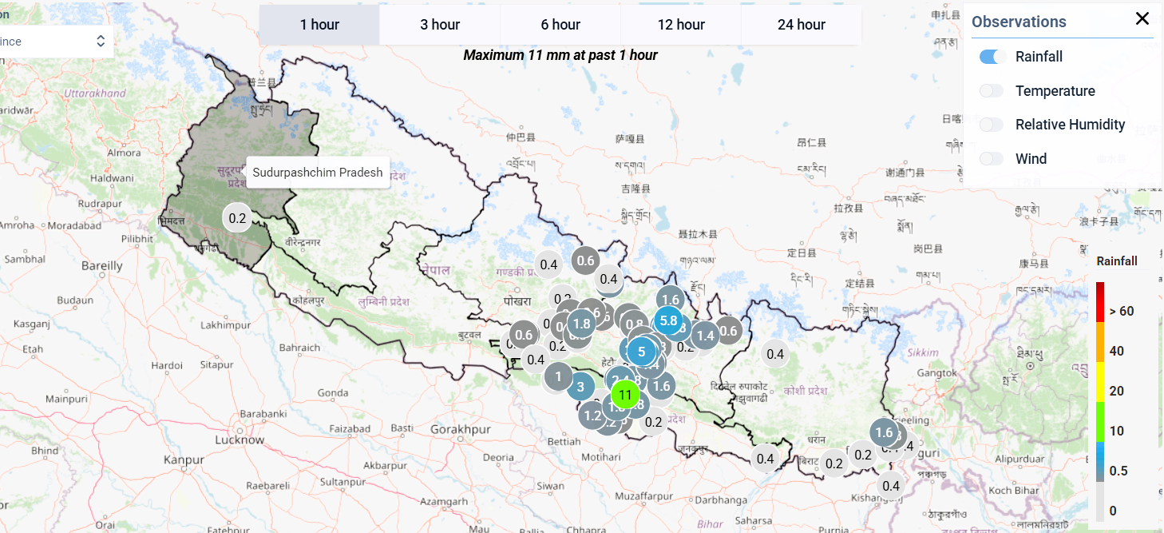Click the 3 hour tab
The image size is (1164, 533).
point(440,25)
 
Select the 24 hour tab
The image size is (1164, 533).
point(801,25)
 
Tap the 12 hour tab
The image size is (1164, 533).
point(681,25)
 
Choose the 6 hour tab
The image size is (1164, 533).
point(560,25)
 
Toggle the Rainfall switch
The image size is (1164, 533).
point(992,57)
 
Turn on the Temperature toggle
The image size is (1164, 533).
point(992,91)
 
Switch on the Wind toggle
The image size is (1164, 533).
point(992,159)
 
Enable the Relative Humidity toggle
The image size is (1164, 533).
point(992,125)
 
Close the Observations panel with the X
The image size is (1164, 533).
point(1142,19)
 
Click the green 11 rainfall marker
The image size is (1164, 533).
point(625,395)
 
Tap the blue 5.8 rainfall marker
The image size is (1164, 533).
point(669,320)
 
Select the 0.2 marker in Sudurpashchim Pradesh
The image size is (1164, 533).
point(237,217)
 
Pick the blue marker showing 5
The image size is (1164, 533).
point(641,352)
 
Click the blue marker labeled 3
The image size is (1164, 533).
point(580,387)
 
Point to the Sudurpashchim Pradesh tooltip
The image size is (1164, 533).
point(318,172)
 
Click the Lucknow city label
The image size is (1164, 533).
point(240,440)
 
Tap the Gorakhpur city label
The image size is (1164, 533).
point(460,429)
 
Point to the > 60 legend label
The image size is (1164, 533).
point(1120,311)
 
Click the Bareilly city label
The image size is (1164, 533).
point(102,265)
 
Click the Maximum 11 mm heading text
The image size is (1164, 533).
point(560,55)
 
